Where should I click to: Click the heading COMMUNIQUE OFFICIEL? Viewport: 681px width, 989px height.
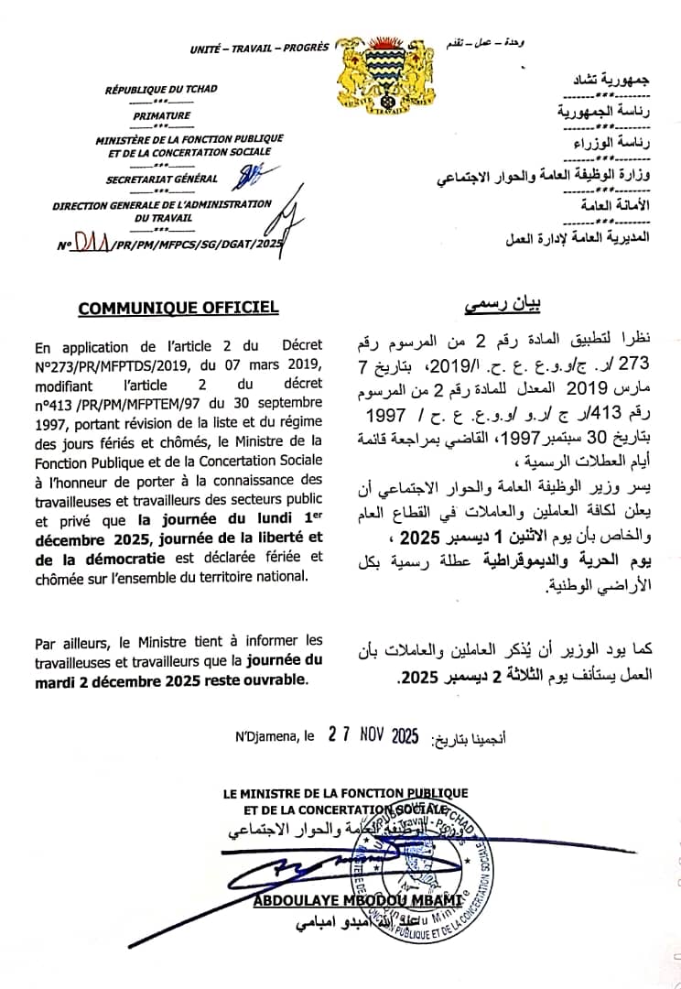pyautogui.click(x=178, y=308)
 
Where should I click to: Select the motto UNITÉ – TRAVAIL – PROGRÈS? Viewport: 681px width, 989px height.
pyautogui.click(x=258, y=48)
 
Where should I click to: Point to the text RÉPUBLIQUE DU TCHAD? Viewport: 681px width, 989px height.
pyautogui.click(x=162, y=90)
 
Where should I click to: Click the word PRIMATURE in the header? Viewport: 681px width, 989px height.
pyautogui.click(x=162, y=115)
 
